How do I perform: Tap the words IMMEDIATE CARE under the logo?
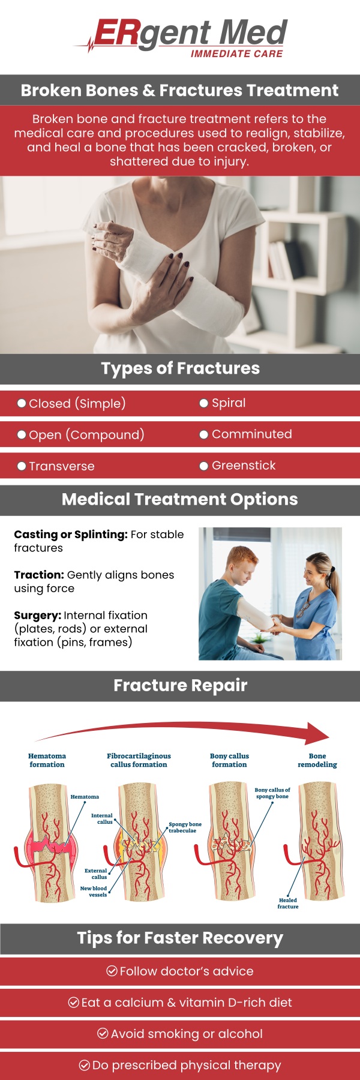[236, 54]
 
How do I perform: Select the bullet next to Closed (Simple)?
[22, 403]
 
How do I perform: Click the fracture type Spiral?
[229, 403]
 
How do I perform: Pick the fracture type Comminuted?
[251, 434]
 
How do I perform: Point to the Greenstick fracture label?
[244, 465]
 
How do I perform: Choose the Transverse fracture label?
[61, 466]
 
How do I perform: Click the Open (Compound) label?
[86, 434]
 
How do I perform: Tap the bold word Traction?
[39, 575]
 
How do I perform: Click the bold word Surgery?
[37, 615]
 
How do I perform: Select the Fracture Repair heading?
[180, 685]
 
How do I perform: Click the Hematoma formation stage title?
[47, 760]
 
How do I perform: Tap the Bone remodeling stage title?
[317, 760]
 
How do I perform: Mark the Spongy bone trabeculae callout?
[185, 827]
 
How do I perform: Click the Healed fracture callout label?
[288, 903]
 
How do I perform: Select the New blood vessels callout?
[94, 891]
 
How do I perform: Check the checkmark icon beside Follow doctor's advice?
[112, 971]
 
